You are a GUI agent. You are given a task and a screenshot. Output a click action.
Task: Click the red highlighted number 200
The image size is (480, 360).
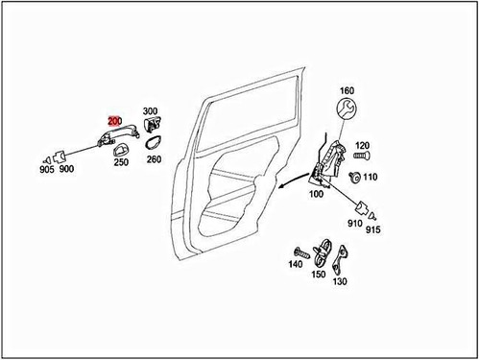[114, 121]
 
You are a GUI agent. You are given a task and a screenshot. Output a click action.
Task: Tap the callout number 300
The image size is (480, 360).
[151, 111]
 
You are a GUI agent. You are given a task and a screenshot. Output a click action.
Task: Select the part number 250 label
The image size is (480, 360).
[121, 162]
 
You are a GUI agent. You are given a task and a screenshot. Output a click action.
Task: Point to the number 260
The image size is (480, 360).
[154, 159]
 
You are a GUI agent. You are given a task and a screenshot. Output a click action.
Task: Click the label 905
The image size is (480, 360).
[46, 169]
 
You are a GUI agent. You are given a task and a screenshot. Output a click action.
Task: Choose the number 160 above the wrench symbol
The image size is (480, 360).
[347, 91]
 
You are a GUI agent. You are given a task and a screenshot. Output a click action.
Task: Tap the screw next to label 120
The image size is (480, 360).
[361, 154]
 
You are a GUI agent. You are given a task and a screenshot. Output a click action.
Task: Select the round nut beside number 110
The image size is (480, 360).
[356, 177]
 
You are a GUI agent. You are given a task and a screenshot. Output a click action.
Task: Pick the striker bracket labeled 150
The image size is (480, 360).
[325, 251]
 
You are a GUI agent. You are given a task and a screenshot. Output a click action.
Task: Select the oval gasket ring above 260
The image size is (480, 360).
[153, 143]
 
